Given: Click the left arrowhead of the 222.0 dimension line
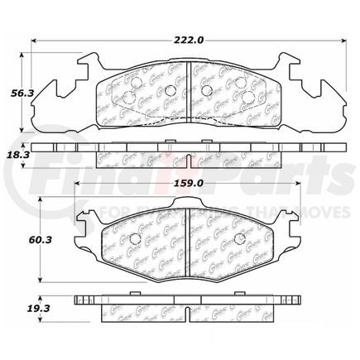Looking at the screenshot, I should [34, 39].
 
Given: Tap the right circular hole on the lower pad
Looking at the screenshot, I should [238, 239].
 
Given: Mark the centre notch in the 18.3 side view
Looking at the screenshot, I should [188, 156].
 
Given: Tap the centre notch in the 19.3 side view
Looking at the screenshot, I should [188, 309].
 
